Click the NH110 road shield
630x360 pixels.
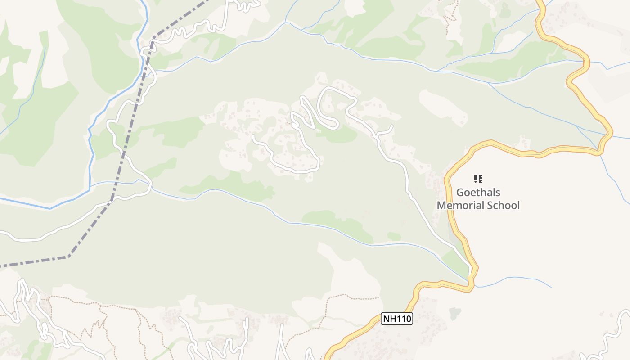click(x=396, y=319)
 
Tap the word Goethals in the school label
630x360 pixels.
click(x=478, y=193)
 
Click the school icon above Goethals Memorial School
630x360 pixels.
click(x=478, y=179)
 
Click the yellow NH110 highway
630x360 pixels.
click(x=450, y=211)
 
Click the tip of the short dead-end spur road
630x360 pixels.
click(x=393, y=126)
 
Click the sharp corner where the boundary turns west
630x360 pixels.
click(x=68, y=257)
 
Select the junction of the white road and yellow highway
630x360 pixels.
click(x=470, y=269)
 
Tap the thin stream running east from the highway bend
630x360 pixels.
click(x=517, y=279)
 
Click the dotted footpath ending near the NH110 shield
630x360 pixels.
click(x=360, y=297)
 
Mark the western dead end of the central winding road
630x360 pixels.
click(x=253, y=136)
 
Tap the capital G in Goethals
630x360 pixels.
click(x=460, y=193)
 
